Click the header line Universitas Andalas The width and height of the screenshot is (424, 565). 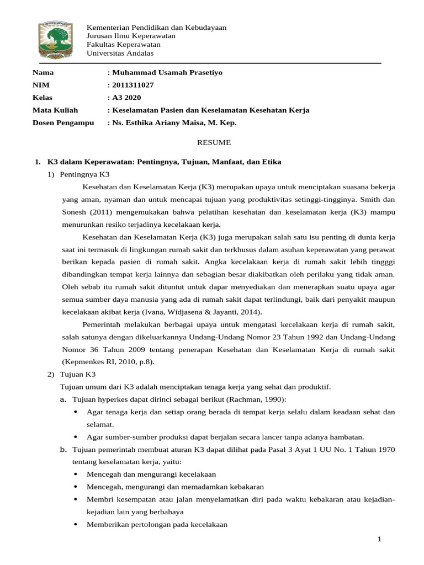[x=121, y=54]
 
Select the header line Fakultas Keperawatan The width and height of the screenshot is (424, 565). [x=124, y=45]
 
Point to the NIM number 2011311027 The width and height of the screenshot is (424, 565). [x=132, y=85]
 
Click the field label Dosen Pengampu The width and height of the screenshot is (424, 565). [x=63, y=122]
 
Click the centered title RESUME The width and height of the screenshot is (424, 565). [x=214, y=142]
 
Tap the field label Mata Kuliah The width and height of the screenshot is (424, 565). [x=55, y=110]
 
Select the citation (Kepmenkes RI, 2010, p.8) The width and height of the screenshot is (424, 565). [x=108, y=361]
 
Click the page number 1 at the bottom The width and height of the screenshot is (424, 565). [x=380, y=539]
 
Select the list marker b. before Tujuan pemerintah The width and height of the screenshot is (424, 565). [x=63, y=449]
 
